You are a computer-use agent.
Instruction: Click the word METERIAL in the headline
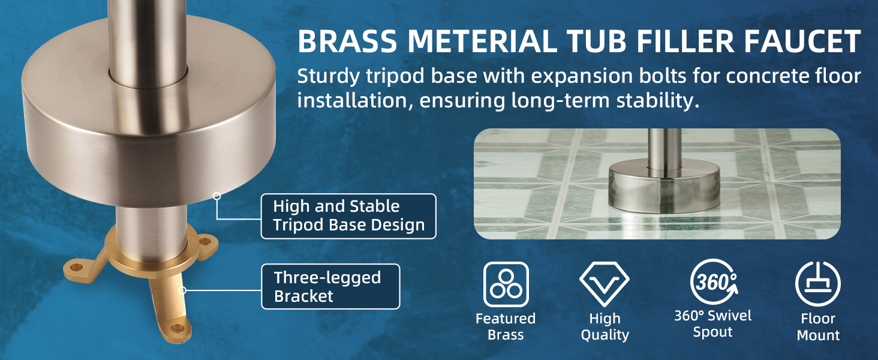(x=482, y=41)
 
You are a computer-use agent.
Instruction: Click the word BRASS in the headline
(x=347, y=41)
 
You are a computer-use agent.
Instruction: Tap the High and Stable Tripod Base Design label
(x=348, y=216)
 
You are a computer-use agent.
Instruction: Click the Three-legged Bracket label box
(x=330, y=287)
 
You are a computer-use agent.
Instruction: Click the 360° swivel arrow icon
(x=714, y=281)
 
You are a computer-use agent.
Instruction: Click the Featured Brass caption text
(x=506, y=326)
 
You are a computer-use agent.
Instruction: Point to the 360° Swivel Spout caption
(x=712, y=324)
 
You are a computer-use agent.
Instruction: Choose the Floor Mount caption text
(x=818, y=327)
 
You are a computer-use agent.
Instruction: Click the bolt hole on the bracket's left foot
(x=76, y=268)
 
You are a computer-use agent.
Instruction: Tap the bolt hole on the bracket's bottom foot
(x=178, y=328)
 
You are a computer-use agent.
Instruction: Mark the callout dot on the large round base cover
(x=217, y=196)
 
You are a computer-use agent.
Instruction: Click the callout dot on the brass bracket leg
(x=182, y=290)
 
